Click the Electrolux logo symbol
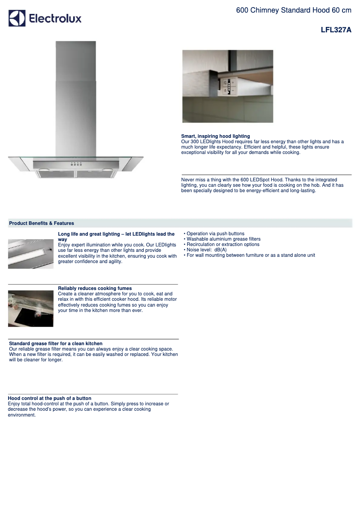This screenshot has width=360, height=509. click(17, 18)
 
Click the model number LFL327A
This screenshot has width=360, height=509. click(336, 30)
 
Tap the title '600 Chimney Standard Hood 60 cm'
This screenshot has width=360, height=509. click(294, 10)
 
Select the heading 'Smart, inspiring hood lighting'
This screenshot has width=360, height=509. click(215, 136)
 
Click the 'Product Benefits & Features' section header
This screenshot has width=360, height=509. click(42, 223)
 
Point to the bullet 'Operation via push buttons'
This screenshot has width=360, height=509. click(215, 234)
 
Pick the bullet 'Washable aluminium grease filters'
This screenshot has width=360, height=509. click(224, 239)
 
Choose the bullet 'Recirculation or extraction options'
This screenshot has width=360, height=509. click(223, 245)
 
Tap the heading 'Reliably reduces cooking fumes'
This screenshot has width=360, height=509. click(95, 288)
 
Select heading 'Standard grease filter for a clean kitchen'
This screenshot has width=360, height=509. click(56, 343)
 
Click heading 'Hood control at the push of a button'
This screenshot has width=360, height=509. click(50, 398)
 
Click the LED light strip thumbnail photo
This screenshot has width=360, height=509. click(31, 254)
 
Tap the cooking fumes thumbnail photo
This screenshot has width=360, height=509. click(31, 308)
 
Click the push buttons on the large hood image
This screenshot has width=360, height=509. click(76, 164)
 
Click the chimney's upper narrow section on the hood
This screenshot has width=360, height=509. click(75, 61)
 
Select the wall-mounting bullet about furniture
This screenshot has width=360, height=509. click(250, 255)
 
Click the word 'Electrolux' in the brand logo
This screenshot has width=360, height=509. click(55, 18)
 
